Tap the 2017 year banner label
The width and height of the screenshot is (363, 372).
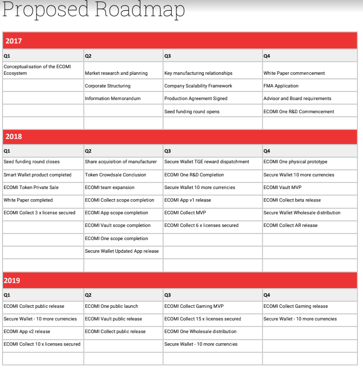(14, 41)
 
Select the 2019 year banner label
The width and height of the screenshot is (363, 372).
(14, 280)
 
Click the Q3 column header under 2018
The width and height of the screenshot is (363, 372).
(168, 151)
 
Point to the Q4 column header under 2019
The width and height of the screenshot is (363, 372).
(267, 295)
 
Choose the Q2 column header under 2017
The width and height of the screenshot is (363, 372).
(88, 56)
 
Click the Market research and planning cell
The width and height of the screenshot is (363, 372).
(116, 73)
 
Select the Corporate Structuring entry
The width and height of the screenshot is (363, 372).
(108, 86)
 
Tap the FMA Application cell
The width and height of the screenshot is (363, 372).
(281, 86)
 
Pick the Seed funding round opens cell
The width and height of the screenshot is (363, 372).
(192, 112)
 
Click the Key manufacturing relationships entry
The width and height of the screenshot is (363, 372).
(198, 73)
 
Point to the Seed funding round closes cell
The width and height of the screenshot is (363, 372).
(31, 162)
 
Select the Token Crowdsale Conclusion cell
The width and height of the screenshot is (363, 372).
(116, 175)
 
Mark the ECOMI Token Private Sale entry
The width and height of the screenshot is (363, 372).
(31, 188)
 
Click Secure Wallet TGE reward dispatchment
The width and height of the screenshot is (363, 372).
(207, 162)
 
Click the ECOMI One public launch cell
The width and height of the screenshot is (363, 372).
(112, 306)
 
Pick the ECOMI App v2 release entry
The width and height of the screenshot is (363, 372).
(27, 332)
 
